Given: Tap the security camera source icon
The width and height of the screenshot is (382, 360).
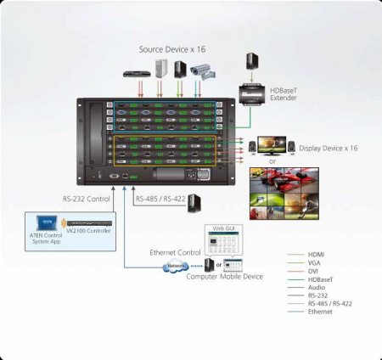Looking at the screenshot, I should click(x=201, y=70).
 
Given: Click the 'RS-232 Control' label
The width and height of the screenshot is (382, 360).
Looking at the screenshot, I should click(x=87, y=200).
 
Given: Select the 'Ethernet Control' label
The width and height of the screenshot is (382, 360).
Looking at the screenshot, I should click(x=174, y=252).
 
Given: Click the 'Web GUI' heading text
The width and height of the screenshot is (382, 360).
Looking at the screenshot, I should click(x=222, y=228).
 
